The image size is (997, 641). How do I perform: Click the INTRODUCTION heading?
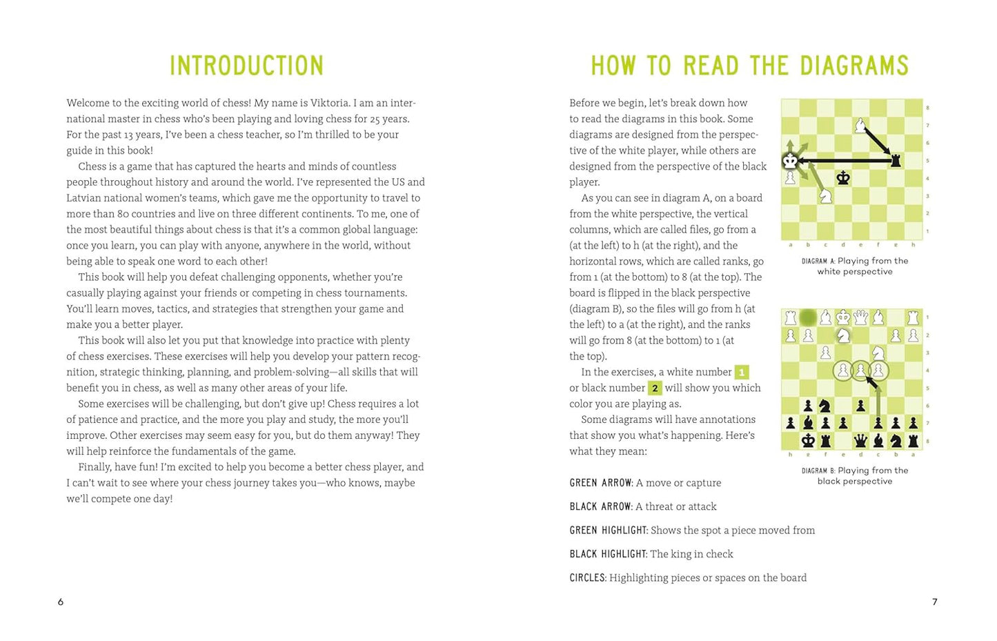coord(246,66)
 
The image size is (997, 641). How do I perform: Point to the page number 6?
coord(61,602)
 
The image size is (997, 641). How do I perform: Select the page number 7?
coord(935,602)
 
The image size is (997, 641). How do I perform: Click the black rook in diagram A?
coord(896,161)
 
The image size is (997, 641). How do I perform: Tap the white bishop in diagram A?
coord(860,126)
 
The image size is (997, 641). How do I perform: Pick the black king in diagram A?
coord(842,178)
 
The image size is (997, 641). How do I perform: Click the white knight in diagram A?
coord(825,196)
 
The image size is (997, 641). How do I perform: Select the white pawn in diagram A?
coord(790,178)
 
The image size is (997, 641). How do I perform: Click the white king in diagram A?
coord(790,161)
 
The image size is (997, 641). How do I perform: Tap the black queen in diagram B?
coord(860,440)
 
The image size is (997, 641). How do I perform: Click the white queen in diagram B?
coord(860,317)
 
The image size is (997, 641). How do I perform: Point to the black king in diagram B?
coord(808,440)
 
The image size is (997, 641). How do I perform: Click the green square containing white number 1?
coord(742,373)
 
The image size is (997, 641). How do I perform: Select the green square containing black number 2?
coord(655,388)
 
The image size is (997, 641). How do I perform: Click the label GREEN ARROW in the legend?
coord(600,483)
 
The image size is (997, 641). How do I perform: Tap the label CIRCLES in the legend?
coord(587,578)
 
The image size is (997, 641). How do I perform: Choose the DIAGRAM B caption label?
coord(818,471)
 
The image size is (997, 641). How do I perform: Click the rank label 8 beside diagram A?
coord(928,108)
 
